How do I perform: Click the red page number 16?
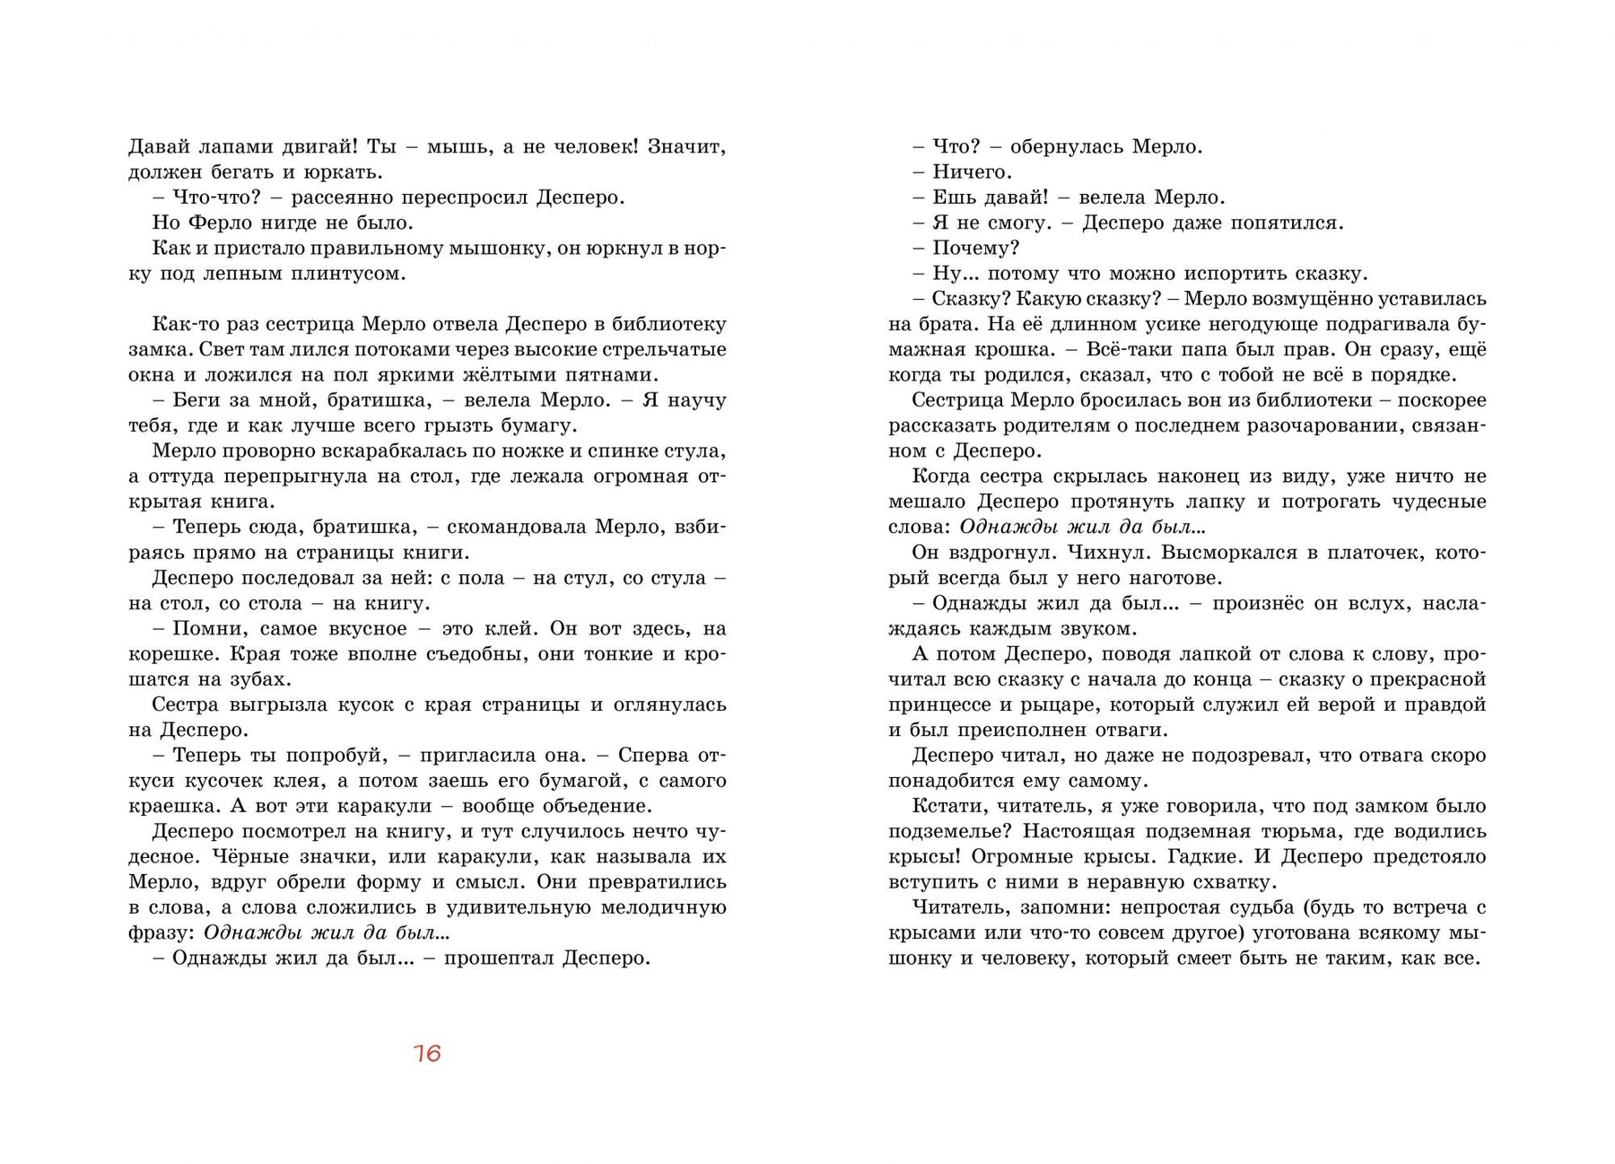point(427,1053)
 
